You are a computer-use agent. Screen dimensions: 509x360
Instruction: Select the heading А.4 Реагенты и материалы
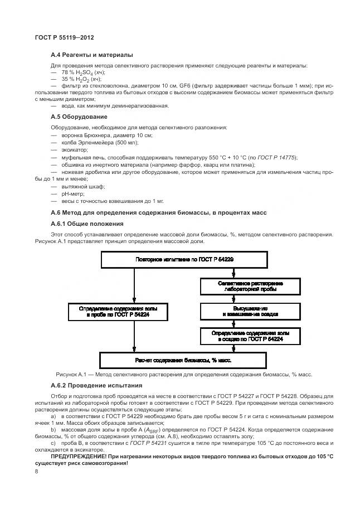(91, 55)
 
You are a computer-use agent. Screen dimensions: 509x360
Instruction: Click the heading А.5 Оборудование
(79, 117)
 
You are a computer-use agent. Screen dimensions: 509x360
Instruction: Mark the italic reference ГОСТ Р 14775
(282, 158)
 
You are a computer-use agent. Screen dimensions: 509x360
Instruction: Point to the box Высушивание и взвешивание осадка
(250, 311)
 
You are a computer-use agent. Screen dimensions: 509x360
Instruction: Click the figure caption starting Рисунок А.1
(184, 374)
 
